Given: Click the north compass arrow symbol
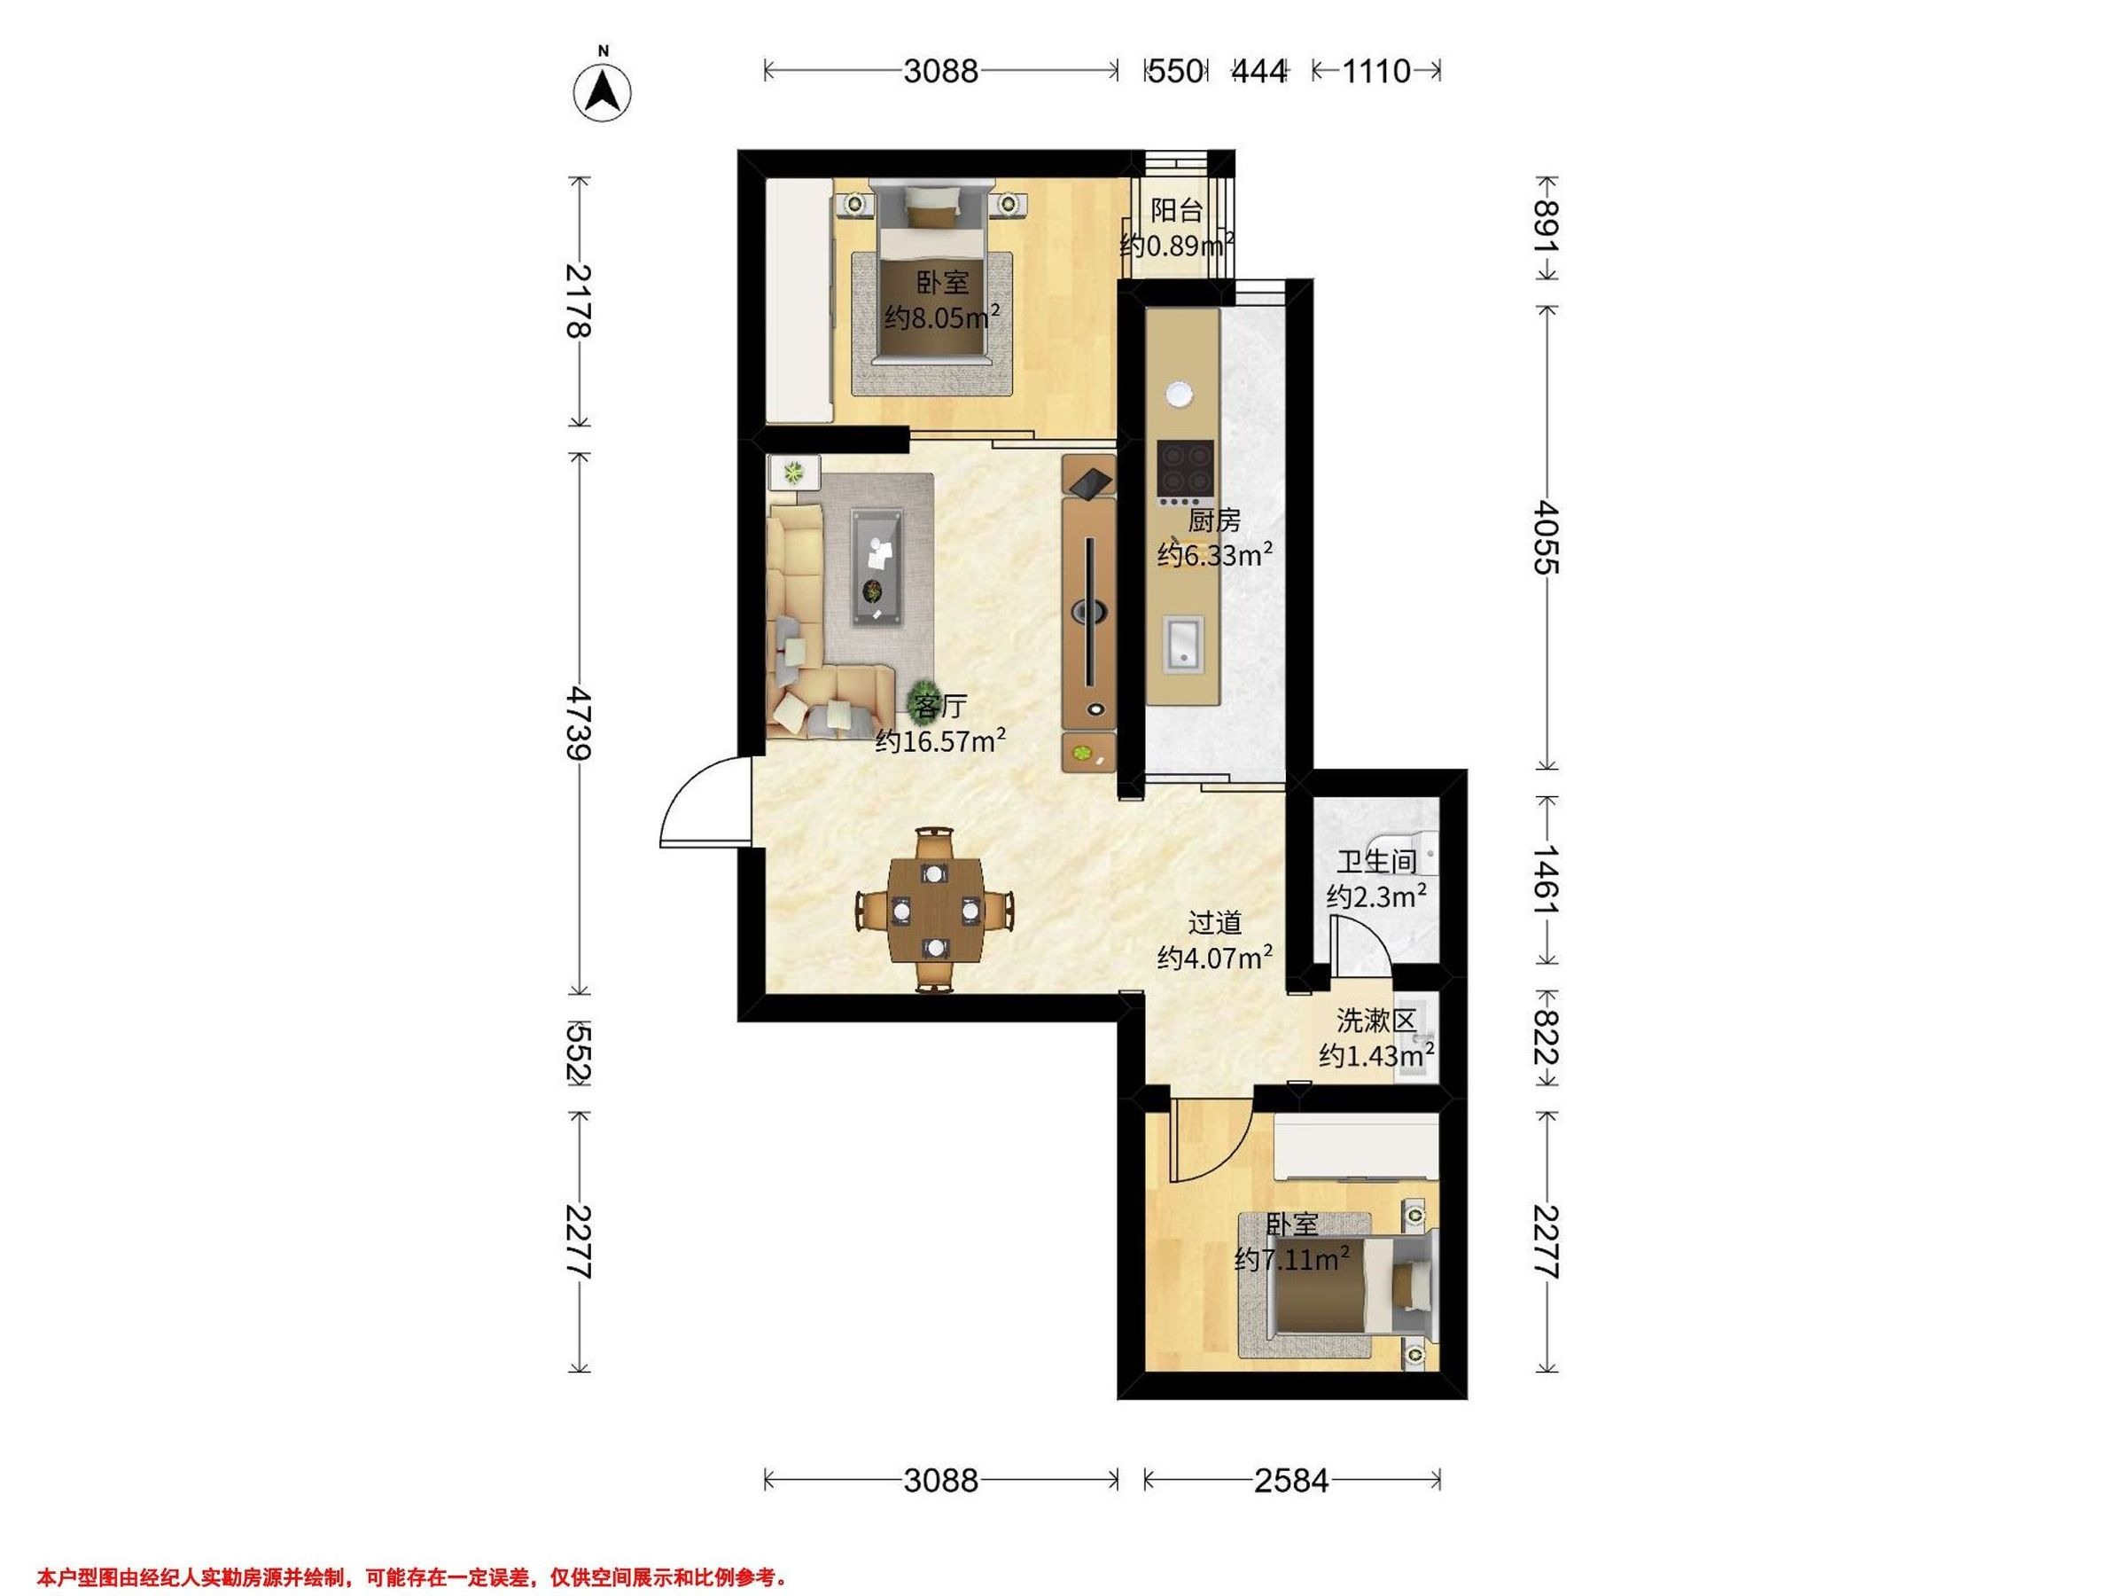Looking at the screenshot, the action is pyautogui.click(x=602, y=92).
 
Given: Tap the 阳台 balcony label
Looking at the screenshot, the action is pyautogui.click(x=1177, y=210).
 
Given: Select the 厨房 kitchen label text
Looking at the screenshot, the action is pyautogui.click(x=1213, y=520).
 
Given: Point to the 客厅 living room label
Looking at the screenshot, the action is pyautogui.click(x=939, y=706).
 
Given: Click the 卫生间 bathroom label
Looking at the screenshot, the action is pyautogui.click(x=1376, y=861).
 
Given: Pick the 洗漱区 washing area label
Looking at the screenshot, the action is pyautogui.click(x=1376, y=1020).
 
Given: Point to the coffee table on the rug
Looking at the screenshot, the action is pyautogui.click(x=203, y=567).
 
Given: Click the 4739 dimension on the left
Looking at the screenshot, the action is pyautogui.click(x=578, y=723).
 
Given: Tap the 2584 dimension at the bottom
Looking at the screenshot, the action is pyautogui.click(x=1291, y=1481).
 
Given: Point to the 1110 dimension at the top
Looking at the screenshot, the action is pyautogui.click(x=1376, y=70).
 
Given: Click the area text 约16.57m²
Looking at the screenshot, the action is pyautogui.click(x=940, y=740).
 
